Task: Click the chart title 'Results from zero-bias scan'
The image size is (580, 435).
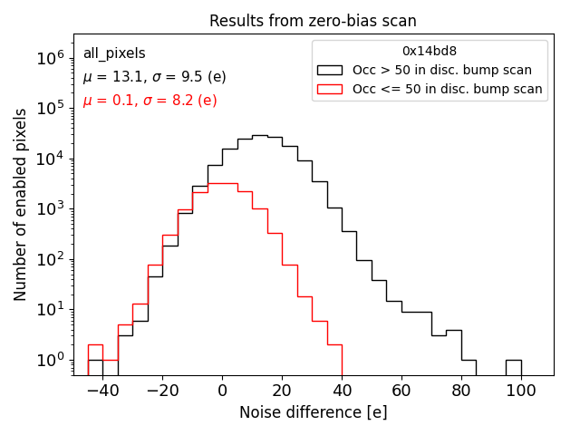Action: coord(313,21)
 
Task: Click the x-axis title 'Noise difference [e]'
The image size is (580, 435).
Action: coord(313,412)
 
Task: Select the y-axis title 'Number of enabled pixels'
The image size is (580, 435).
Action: coord(21,209)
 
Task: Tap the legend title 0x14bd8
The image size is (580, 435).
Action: coord(430,52)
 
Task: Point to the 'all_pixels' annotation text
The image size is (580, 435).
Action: coord(114,54)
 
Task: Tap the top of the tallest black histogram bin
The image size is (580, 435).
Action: coord(259,136)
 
